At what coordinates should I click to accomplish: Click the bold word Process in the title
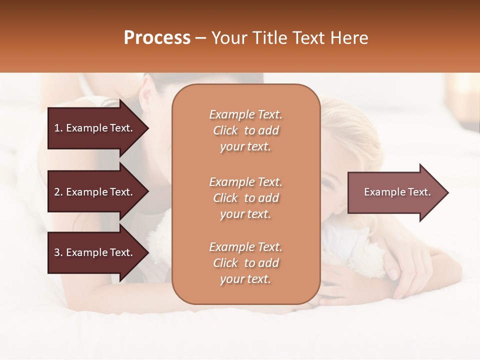[157, 38]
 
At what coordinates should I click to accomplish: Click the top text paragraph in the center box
[245, 130]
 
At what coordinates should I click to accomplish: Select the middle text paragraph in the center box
[245, 197]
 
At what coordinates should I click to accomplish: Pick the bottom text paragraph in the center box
[245, 263]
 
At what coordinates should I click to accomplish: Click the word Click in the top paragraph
[225, 130]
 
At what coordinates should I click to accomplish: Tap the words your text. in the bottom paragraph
[245, 279]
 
